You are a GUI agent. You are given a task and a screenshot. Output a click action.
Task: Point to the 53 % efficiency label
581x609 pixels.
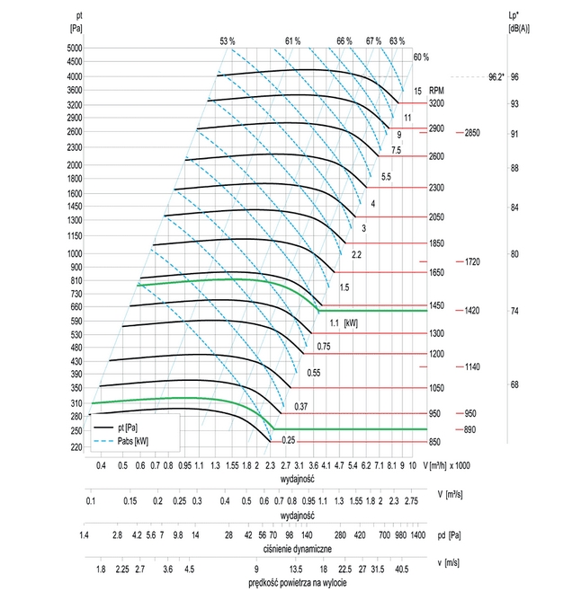[228, 41]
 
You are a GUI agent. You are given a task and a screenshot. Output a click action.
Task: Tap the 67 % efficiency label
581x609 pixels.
[373, 41]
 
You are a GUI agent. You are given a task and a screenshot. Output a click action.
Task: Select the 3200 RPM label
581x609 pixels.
[436, 103]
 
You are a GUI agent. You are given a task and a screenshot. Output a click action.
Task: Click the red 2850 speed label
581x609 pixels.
[474, 133]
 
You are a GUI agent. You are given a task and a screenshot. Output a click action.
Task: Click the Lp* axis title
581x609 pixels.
[519, 22]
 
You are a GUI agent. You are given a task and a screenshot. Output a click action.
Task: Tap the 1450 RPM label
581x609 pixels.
[436, 306]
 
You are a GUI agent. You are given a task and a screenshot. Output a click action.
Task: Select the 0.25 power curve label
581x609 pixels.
[289, 439]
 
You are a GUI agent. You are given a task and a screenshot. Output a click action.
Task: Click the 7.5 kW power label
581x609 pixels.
[395, 150]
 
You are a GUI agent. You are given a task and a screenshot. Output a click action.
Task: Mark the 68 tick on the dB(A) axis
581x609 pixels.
[514, 384]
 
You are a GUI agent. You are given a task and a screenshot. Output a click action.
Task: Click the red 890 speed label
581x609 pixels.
[471, 430]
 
